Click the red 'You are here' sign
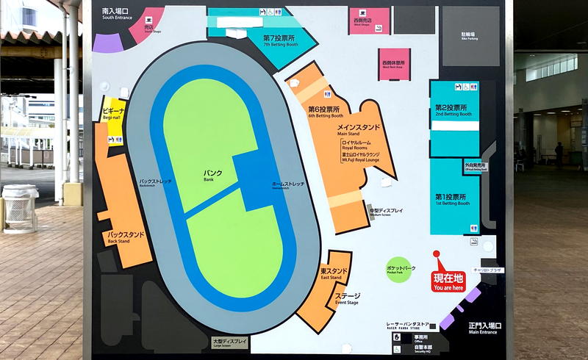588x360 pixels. [x=448, y=281]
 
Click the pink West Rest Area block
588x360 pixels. [x=394, y=65]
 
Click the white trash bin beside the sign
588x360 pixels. [x=20, y=208]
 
